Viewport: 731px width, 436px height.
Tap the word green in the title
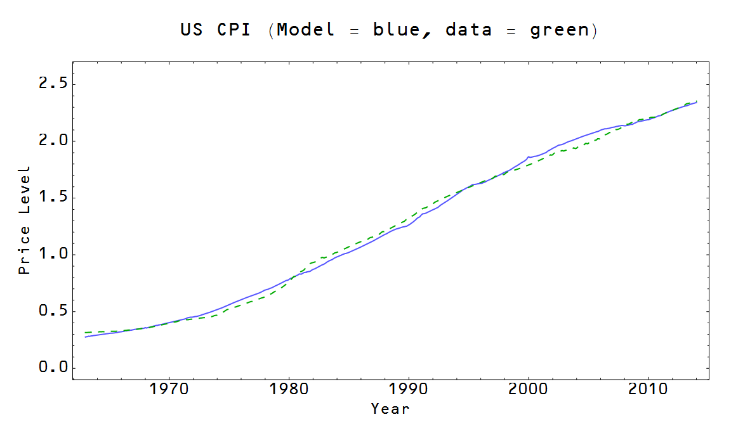point(560,30)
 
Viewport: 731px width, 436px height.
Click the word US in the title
point(192,30)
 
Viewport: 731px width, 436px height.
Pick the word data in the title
point(468,30)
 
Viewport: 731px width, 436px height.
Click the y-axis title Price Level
point(25,221)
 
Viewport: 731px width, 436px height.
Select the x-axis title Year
point(390,409)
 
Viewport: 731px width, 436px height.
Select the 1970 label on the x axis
point(169,388)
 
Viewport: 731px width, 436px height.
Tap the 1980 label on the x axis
point(289,388)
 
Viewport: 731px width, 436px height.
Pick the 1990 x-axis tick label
point(409,388)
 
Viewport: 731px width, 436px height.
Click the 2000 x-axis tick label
point(529,388)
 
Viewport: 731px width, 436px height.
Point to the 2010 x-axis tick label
point(648,388)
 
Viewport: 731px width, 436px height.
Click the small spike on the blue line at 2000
point(528,156)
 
